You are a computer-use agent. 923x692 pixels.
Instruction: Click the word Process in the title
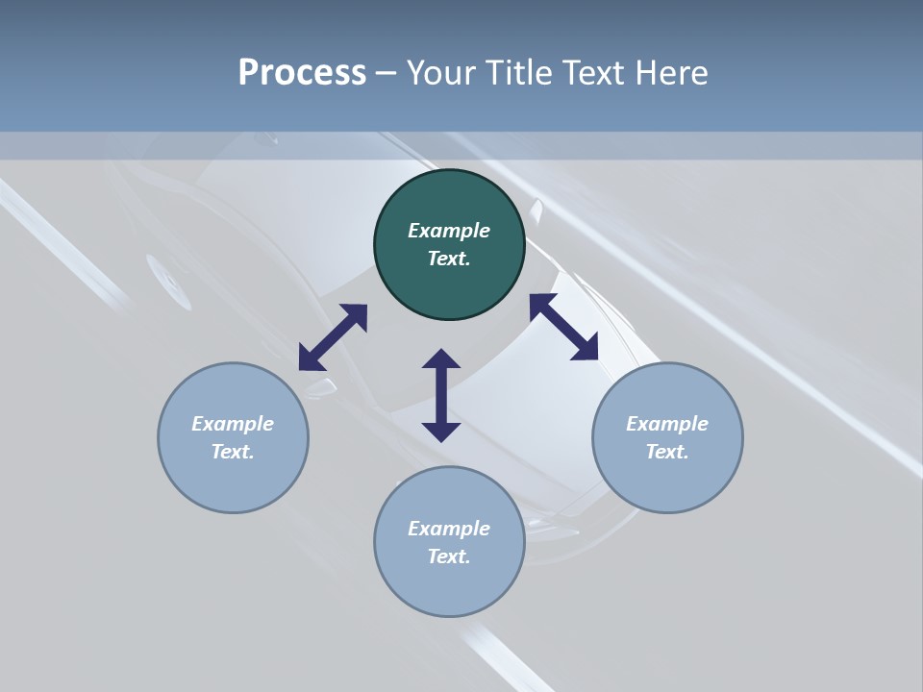302,73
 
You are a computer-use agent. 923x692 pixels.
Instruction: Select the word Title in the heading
518,73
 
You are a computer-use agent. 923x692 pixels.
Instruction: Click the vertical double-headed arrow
441,395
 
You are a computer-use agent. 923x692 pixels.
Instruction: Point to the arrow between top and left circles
333,337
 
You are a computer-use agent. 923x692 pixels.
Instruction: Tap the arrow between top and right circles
563,327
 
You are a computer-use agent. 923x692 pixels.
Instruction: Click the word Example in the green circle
449,231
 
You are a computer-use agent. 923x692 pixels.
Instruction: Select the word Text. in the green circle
449,259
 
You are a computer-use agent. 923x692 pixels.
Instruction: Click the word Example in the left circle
233,424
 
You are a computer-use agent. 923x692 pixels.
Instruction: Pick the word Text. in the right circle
667,452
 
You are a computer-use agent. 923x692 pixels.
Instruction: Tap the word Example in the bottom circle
449,529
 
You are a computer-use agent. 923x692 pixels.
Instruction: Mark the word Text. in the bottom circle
449,556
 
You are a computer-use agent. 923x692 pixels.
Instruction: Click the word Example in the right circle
667,424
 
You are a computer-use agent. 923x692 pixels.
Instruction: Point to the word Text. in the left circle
233,452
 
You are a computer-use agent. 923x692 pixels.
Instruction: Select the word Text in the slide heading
591,73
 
